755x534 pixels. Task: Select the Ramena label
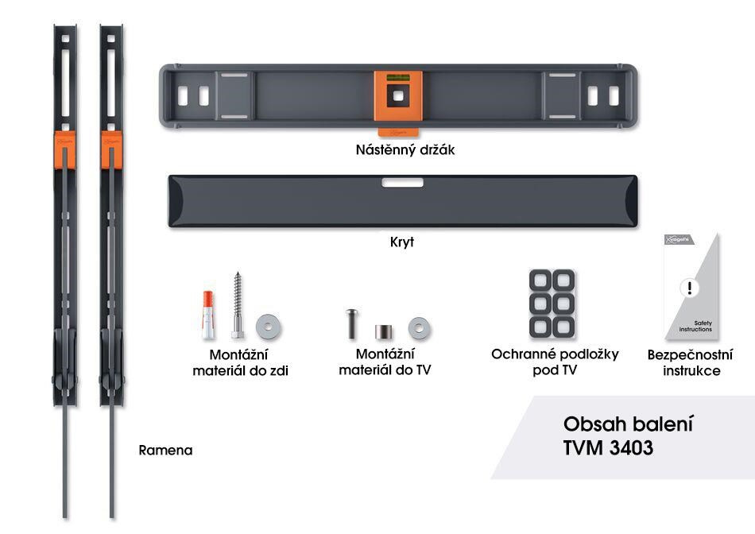(165, 450)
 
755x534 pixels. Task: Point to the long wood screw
(236, 306)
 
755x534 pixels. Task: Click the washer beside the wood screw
(268, 325)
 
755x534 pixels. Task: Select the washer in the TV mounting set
(419, 327)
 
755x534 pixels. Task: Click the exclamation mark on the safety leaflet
(690, 288)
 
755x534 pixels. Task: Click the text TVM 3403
(608, 447)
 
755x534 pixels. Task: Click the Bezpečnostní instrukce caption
(690, 362)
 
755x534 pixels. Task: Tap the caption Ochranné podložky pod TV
(555, 362)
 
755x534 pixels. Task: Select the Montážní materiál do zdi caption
(240, 362)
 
